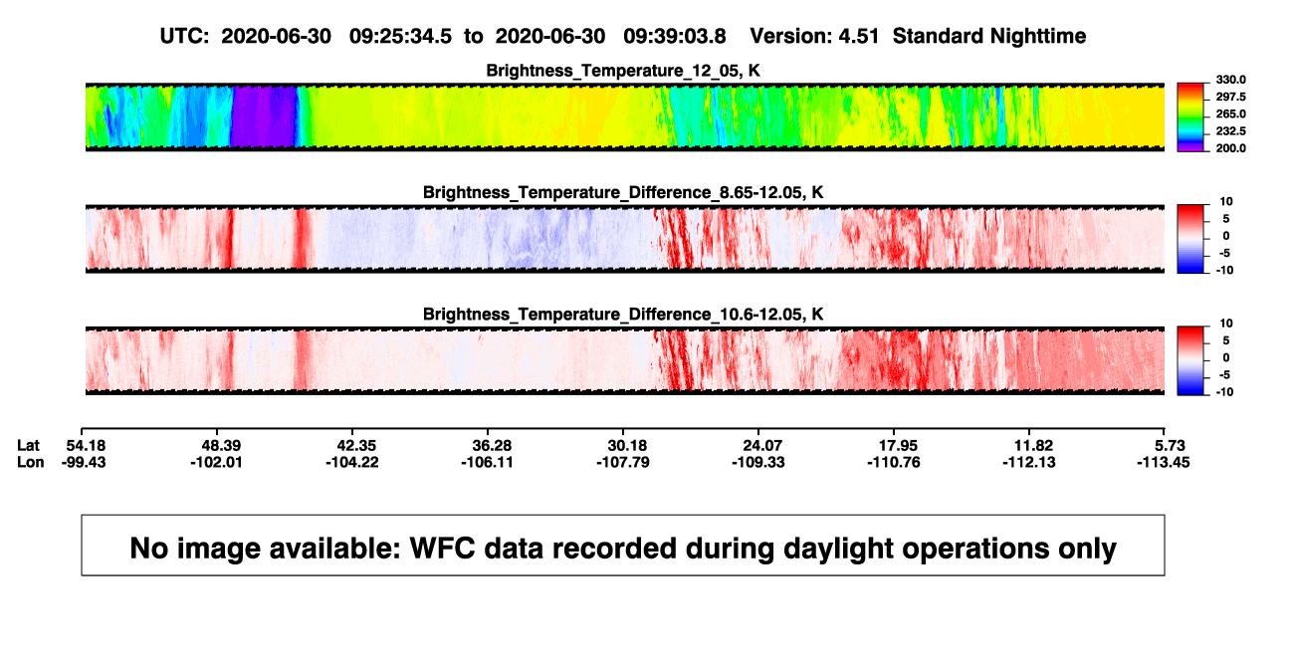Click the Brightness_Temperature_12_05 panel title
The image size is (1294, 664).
[x=623, y=71]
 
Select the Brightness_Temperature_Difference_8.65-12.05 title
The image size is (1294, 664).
[x=623, y=192]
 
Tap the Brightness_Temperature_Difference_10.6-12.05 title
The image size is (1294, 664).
[x=623, y=315]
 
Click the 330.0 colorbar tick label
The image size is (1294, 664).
[x=1230, y=80]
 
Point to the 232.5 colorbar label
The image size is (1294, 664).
[x=1230, y=131]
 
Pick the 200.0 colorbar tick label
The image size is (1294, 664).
[x=1230, y=148]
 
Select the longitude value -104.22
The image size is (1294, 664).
[x=351, y=462]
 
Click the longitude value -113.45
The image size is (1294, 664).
[x=1163, y=462]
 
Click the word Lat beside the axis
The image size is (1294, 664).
[x=28, y=446]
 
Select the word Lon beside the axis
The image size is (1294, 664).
[x=31, y=462]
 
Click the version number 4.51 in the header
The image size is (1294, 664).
[x=858, y=36]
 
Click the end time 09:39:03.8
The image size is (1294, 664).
[x=674, y=36]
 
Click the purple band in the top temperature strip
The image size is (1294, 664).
[x=264, y=116]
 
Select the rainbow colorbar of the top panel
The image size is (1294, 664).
[x=1190, y=117]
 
